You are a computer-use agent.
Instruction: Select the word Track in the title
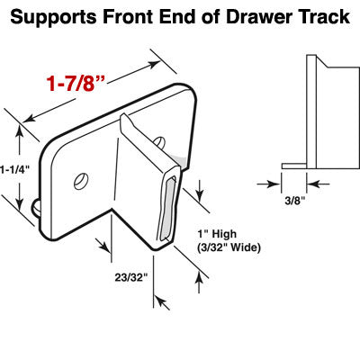(316, 17)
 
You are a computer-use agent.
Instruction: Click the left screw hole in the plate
(81, 179)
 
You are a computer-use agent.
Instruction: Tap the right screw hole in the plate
(159, 141)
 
